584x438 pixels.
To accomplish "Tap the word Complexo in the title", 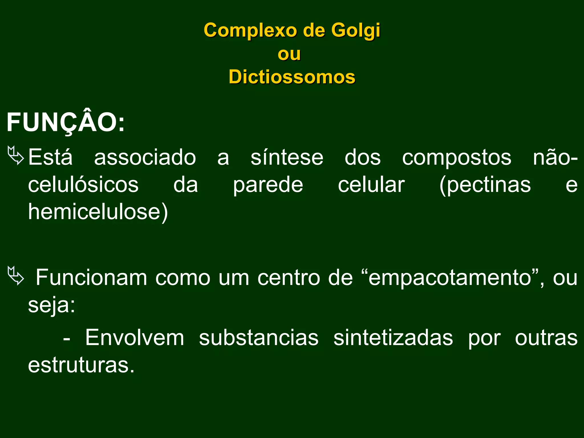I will (x=250, y=31).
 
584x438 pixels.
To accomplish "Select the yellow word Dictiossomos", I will (x=292, y=77).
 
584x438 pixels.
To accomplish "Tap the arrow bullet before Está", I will (x=16, y=155).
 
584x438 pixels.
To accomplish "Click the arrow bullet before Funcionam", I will (x=16, y=275).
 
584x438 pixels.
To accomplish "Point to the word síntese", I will (x=287, y=157).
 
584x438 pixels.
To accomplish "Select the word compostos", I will (x=457, y=157).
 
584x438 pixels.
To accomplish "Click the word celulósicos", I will (x=83, y=185).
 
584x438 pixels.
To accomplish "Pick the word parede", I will (x=268, y=185).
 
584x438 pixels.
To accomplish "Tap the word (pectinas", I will (x=485, y=185).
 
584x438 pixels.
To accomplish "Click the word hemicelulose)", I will (x=98, y=212).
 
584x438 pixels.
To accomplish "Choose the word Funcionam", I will (x=91, y=277).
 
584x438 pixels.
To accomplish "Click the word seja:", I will (x=52, y=305).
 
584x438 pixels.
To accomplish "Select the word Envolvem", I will (x=135, y=338).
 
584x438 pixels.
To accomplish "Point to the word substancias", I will (x=259, y=338).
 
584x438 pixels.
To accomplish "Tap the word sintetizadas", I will (x=393, y=338).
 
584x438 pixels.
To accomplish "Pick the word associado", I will (x=145, y=157).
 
